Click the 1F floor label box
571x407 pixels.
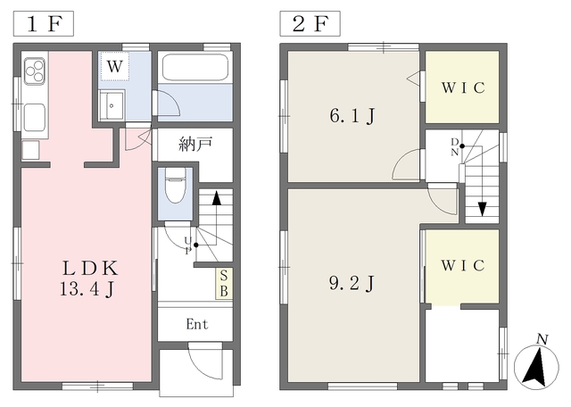[x=44, y=24]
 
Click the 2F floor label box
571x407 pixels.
[x=310, y=24]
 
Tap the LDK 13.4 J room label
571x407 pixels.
[x=89, y=278]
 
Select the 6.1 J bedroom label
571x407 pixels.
[x=352, y=116]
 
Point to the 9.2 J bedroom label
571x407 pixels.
[x=352, y=283]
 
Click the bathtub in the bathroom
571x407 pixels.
[x=195, y=68]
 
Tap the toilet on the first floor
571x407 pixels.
[x=176, y=185]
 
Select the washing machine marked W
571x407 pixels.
[x=115, y=66]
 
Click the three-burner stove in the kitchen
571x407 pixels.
[x=35, y=71]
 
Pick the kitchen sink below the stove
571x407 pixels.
[x=35, y=117]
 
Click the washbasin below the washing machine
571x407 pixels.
[x=112, y=105]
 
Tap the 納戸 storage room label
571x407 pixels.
[x=195, y=145]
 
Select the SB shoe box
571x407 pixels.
[x=224, y=284]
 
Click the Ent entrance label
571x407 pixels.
[x=197, y=324]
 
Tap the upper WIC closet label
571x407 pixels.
[x=463, y=87]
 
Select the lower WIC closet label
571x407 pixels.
[x=463, y=265]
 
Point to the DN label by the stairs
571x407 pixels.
[x=455, y=147]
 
